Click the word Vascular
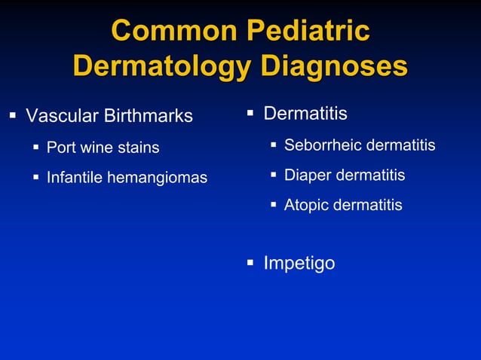tap(62, 117)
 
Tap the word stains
tap(137, 148)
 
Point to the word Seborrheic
tap(322, 145)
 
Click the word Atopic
tap(306, 205)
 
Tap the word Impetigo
tap(299, 264)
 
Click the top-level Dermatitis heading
tap(305, 114)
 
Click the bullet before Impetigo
tap(250, 263)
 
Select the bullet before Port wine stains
tap(36, 148)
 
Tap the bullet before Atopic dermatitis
tap(274, 205)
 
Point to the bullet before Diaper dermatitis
tap(274, 175)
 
